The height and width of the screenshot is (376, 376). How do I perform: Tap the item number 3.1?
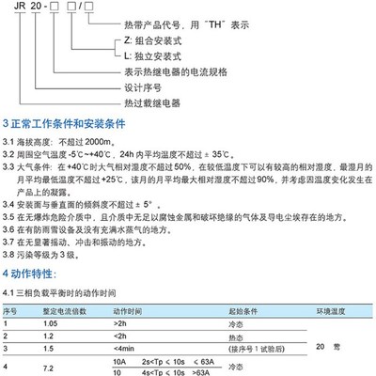[10, 139]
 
